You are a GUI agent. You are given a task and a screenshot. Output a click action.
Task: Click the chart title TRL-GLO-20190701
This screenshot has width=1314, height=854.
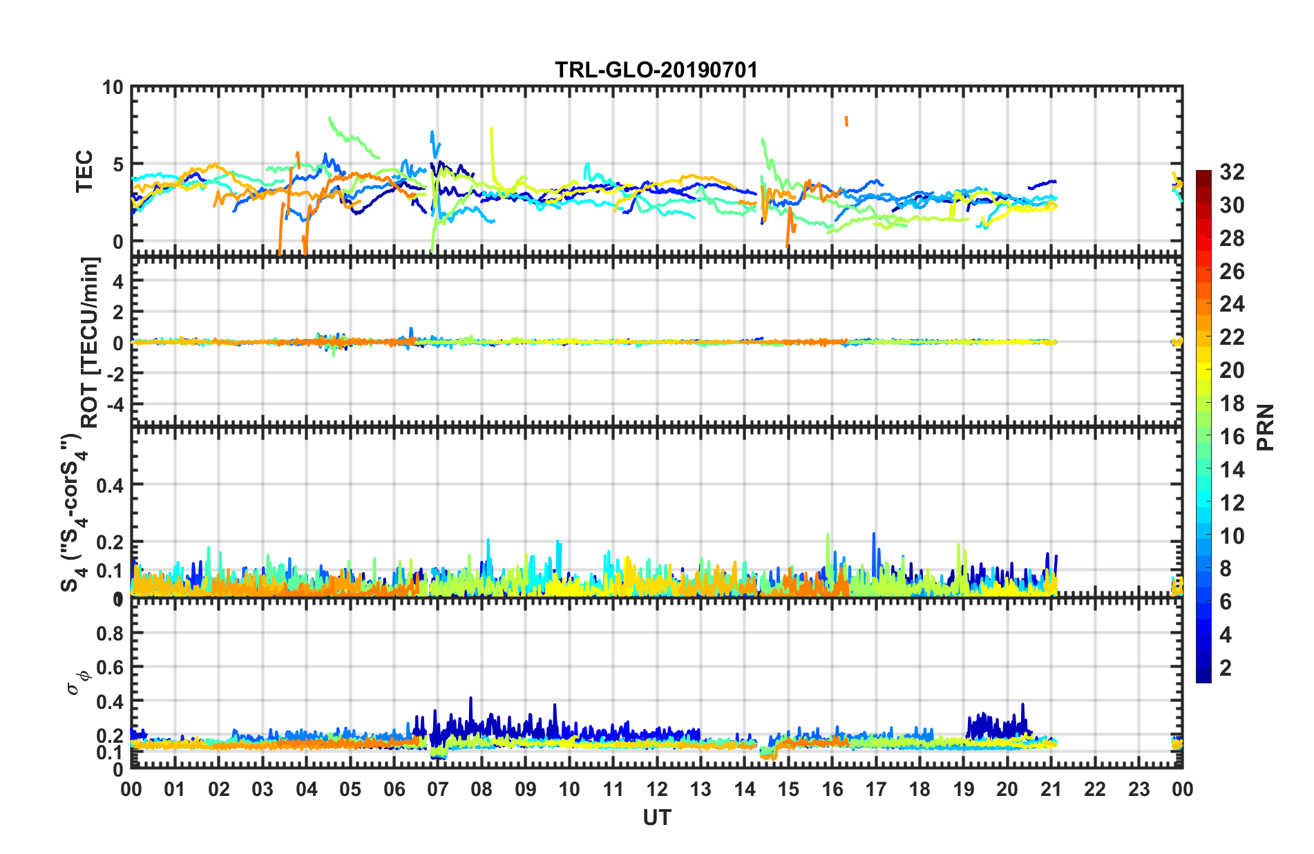pyautogui.click(x=656, y=70)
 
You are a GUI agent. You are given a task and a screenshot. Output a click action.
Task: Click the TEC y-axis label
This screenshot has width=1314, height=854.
pyautogui.click(x=84, y=171)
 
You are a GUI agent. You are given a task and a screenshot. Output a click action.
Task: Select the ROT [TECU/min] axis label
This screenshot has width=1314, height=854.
pyautogui.click(x=91, y=343)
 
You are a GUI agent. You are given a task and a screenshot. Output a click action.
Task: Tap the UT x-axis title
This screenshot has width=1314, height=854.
pyautogui.click(x=656, y=818)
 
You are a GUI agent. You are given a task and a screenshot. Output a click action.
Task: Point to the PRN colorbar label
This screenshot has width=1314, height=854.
pyautogui.click(x=1265, y=428)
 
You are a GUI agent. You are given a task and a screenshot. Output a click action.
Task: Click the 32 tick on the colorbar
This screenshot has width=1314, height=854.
pyautogui.click(x=1232, y=172)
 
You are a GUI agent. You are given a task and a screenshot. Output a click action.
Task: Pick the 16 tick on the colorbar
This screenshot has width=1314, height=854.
pyautogui.click(x=1232, y=437)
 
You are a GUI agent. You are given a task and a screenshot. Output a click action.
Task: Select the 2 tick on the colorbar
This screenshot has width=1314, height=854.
pyautogui.click(x=1226, y=667)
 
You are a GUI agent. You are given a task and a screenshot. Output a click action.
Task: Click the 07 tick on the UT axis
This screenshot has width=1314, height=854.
pyautogui.click(x=438, y=789)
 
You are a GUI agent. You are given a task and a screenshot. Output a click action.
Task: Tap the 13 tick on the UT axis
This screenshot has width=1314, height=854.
pyautogui.click(x=701, y=789)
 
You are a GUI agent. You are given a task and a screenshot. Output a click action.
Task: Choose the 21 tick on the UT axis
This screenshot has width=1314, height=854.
pyautogui.click(x=1051, y=789)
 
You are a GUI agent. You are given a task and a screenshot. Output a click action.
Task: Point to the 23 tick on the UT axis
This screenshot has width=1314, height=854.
pyautogui.click(x=1139, y=789)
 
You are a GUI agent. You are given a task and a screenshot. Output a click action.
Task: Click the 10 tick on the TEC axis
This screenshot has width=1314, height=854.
pyautogui.click(x=112, y=88)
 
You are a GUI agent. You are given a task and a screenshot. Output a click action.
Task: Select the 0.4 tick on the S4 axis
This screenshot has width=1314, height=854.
pyautogui.click(x=109, y=485)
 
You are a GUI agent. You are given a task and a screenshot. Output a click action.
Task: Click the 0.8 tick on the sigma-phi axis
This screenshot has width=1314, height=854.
pyautogui.click(x=109, y=634)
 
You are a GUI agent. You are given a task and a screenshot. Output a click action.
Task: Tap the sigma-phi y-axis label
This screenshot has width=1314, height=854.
pyautogui.click(x=78, y=680)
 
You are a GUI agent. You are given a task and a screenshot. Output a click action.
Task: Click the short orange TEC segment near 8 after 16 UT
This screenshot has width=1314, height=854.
pyautogui.click(x=846, y=121)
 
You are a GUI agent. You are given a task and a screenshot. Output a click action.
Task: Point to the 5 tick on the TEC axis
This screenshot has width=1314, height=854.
pyautogui.click(x=117, y=164)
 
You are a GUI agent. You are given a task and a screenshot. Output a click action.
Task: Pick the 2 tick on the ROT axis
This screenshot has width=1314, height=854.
pyautogui.click(x=117, y=312)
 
